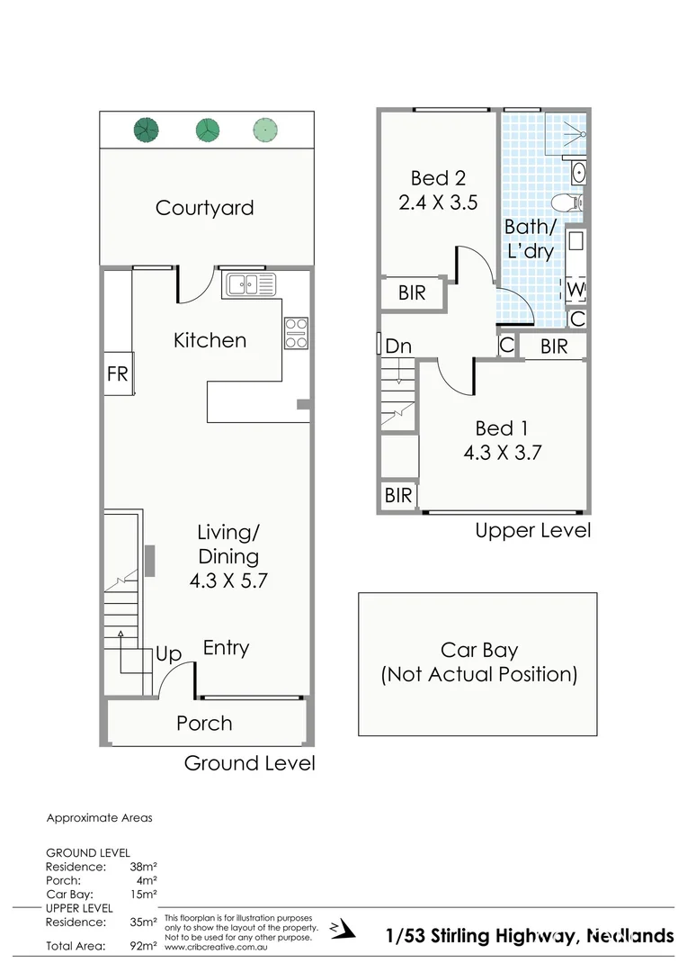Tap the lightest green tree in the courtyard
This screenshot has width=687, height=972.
(x=263, y=130)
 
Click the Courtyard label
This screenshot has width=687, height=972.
(x=204, y=208)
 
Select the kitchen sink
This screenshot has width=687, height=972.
(x=251, y=284)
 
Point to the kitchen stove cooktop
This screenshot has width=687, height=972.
(x=296, y=333)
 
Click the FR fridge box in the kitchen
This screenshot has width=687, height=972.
(x=118, y=373)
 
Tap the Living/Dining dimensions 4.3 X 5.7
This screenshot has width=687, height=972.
(x=228, y=581)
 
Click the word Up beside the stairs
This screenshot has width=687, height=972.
(x=168, y=654)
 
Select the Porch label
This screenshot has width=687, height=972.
(x=204, y=723)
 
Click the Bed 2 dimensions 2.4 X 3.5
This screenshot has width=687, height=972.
(x=438, y=202)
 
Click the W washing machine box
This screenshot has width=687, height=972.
(x=576, y=290)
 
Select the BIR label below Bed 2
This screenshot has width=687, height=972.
(x=411, y=293)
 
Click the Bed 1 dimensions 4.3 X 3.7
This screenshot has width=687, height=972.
(x=502, y=453)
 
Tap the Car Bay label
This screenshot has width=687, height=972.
(x=479, y=650)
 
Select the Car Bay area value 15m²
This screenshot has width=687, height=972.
(x=145, y=894)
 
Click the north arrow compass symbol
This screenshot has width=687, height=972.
(x=336, y=928)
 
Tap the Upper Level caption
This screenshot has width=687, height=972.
(x=532, y=530)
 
